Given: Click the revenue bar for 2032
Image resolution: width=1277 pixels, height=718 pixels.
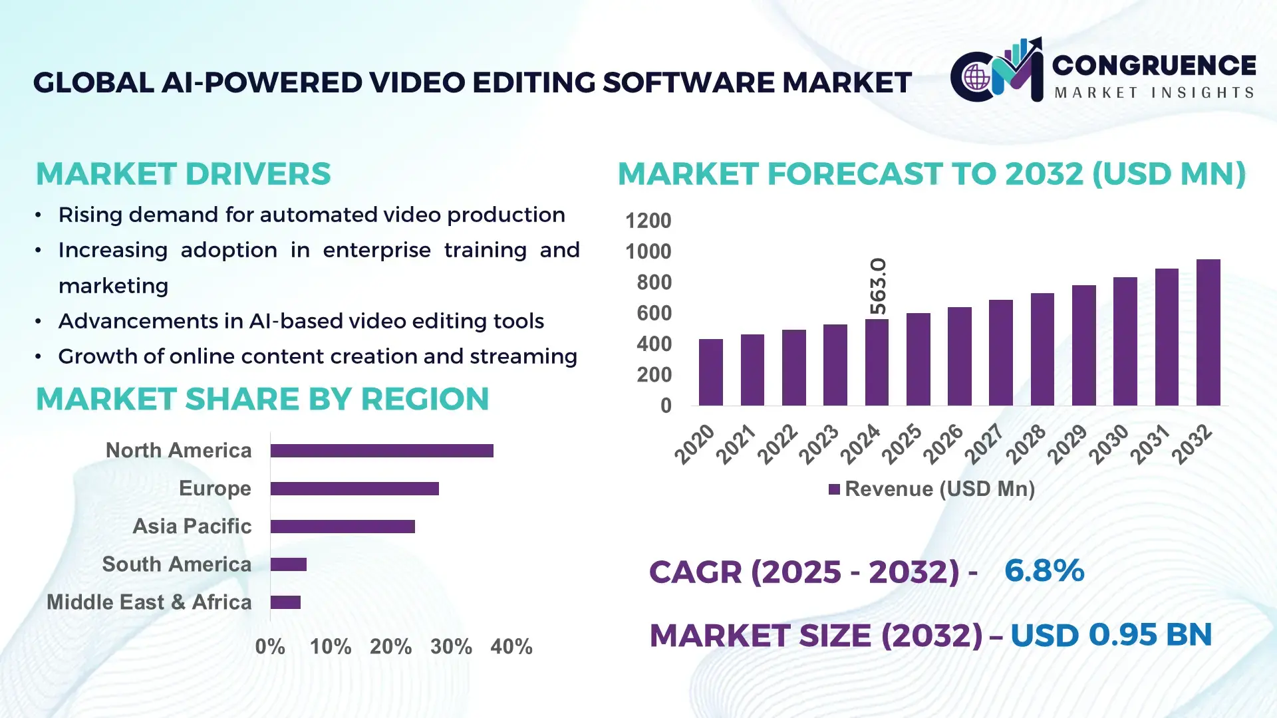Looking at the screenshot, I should click(x=1208, y=332).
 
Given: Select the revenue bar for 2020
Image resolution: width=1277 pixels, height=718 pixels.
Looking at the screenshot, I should click(x=710, y=372).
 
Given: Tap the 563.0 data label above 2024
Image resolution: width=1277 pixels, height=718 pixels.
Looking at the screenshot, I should click(x=878, y=287).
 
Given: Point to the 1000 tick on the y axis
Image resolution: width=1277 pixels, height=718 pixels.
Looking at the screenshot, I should click(x=648, y=252).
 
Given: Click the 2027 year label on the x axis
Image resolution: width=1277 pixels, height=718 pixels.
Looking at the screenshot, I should click(x=984, y=443).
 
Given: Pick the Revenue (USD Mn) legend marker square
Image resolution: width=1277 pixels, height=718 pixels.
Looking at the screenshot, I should click(x=834, y=490).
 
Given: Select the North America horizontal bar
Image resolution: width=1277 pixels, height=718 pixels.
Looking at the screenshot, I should click(x=382, y=451).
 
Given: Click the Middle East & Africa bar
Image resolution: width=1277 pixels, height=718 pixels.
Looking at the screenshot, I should click(x=285, y=602).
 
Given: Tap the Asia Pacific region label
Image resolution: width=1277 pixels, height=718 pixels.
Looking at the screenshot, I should click(x=192, y=527).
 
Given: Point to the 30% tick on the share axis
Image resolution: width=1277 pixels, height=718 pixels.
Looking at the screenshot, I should click(x=451, y=647).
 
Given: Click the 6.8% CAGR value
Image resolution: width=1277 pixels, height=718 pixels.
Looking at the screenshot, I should click(x=1044, y=570).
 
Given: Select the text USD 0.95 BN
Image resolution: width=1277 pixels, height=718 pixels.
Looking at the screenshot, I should click(x=1111, y=635).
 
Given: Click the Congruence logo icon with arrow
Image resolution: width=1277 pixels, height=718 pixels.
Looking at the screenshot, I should click(x=996, y=72).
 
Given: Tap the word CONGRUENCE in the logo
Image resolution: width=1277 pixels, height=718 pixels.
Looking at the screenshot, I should click(x=1154, y=65).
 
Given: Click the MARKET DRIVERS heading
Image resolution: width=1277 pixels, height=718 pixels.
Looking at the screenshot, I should click(x=183, y=174).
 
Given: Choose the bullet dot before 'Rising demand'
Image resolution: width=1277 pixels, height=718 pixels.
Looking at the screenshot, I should click(x=39, y=215).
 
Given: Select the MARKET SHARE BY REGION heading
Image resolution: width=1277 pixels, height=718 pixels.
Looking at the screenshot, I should click(x=262, y=400).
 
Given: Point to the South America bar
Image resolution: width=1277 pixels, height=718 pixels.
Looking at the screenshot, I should click(x=289, y=564).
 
